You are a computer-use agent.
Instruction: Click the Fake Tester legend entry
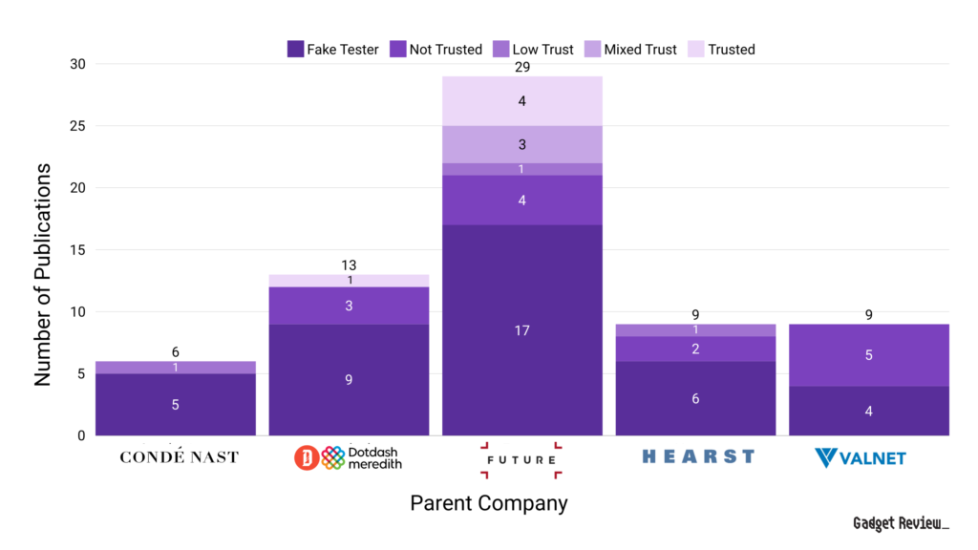(x=333, y=50)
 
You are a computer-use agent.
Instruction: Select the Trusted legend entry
(x=722, y=50)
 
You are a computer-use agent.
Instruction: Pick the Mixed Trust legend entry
(x=633, y=50)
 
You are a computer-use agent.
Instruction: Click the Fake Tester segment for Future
(x=522, y=330)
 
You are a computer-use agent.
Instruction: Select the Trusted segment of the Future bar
(x=522, y=100)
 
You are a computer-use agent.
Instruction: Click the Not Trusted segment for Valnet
(x=869, y=355)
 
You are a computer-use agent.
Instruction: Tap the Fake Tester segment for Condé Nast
(x=175, y=404)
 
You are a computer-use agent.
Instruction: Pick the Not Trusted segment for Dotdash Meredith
(x=349, y=306)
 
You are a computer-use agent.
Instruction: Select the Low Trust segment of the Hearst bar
(x=695, y=329)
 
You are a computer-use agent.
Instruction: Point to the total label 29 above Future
(x=522, y=67)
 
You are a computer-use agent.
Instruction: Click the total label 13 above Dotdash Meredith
(x=349, y=265)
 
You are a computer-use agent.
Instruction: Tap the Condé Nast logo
(x=179, y=457)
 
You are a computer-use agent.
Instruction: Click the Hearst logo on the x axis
(x=698, y=456)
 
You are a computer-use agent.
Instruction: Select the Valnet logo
(x=861, y=458)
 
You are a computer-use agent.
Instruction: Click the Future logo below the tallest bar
(x=521, y=459)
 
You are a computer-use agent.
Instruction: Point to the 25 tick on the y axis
(x=76, y=126)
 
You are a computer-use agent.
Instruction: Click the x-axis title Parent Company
(x=489, y=503)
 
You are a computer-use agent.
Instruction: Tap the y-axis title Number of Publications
(x=43, y=274)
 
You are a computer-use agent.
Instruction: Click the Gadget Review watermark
(x=901, y=524)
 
